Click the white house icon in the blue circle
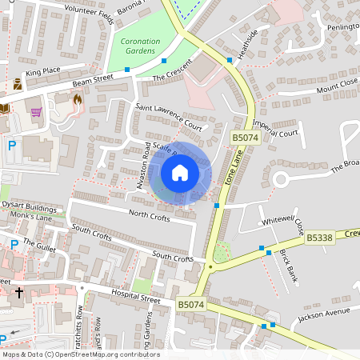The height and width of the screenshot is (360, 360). point(180,173)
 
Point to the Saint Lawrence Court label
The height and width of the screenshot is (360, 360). point(168,115)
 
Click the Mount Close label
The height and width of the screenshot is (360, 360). point(336,86)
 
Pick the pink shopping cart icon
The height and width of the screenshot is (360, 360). point(36,111)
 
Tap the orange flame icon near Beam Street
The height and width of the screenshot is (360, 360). point(78,101)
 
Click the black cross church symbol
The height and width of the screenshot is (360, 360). point(19,293)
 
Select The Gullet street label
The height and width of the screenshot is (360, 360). point(38,246)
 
